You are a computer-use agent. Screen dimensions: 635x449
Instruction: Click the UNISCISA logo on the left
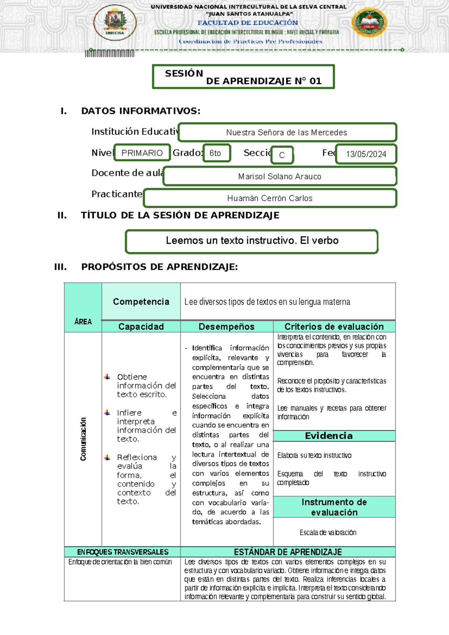(x=115, y=22)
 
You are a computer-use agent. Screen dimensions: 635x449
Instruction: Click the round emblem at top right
(x=369, y=22)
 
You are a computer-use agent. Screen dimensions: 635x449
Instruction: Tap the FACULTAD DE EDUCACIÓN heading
(x=248, y=23)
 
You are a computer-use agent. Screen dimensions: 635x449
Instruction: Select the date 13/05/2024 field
(x=366, y=154)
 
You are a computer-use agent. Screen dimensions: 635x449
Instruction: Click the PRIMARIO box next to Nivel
(x=142, y=153)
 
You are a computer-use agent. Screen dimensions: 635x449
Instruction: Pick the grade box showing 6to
(x=216, y=153)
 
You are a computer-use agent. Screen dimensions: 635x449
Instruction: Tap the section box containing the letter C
(x=282, y=155)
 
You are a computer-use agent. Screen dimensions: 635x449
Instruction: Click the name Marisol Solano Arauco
(x=280, y=176)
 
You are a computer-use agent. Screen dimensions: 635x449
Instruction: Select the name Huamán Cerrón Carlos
(x=270, y=198)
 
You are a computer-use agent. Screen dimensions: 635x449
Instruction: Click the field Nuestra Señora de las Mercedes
(x=287, y=133)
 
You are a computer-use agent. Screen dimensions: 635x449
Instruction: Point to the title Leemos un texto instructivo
(x=252, y=241)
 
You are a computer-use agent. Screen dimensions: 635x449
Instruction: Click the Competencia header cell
(x=141, y=302)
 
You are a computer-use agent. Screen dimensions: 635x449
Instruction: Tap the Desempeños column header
(x=226, y=326)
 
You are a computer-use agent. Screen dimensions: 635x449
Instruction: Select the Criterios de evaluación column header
(x=334, y=326)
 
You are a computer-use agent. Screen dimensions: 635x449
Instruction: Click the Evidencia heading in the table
(x=329, y=436)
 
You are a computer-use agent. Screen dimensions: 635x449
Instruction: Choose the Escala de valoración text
(x=328, y=532)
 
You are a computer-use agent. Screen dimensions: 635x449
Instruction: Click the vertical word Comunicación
(x=83, y=439)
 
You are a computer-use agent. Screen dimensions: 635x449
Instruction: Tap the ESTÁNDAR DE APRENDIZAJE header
(x=288, y=552)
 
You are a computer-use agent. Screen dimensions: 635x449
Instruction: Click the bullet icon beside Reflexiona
(x=107, y=458)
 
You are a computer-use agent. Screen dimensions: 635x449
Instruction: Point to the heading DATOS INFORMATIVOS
(x=141, y=111)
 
